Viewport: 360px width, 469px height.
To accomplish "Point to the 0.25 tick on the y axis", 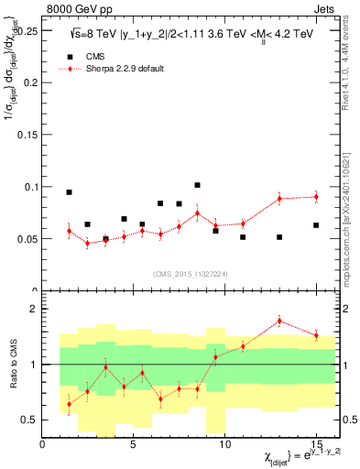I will [x=26, y=30].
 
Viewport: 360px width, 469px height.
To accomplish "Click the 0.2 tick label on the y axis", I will [x=28, y=82].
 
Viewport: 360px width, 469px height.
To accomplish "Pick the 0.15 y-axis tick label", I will [x=26, y=135].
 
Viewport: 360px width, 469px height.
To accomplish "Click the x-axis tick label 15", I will [x=316, y=444].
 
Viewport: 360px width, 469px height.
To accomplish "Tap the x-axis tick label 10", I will [x=225, y=444].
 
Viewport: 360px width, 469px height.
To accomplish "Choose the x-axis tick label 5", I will [x=134, y=444].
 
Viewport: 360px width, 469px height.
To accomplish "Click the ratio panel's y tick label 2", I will [x=34, y=309].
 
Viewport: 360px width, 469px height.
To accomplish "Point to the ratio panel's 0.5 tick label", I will [x=29, y=420].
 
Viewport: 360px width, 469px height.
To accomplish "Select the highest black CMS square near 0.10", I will [x=197, y=185].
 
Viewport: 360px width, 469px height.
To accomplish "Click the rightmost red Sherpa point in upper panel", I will [x=316, y=197].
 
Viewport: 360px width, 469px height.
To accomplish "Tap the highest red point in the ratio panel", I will [x=279, y=322].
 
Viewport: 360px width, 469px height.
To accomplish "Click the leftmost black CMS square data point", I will [x=69, y=192].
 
